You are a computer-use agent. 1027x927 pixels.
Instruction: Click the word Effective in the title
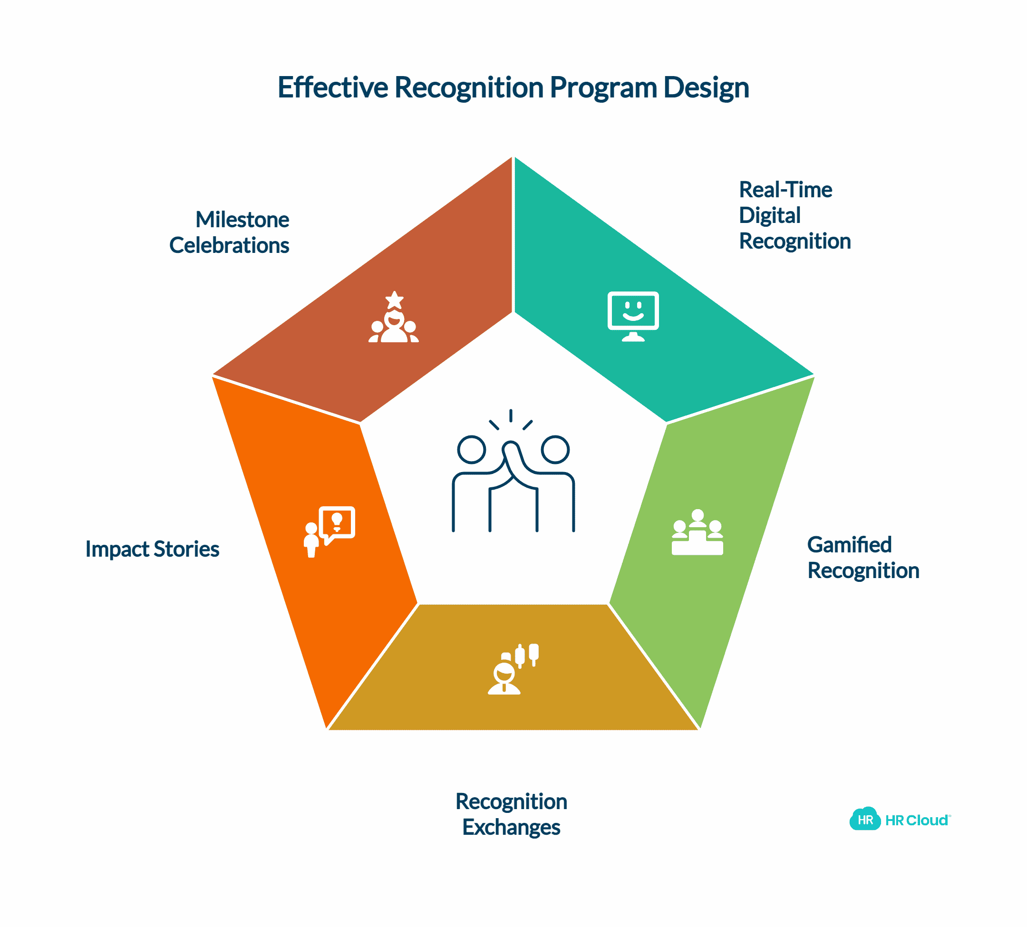pyautogui.click(x=333, y=87)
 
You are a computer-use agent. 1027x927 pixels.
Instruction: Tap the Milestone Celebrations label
pyautogui.click(x=229, y=232)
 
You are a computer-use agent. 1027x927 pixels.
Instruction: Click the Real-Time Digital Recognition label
pyautogui.click(x=794, y=215)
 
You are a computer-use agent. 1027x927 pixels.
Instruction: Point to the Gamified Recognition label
pyautogui.click(x=863, y=558)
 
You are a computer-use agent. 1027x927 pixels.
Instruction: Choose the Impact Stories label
pyautogui.click(x=152, y=549)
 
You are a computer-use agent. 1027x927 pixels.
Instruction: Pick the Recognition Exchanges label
pyautogui.click(x=512, y=814)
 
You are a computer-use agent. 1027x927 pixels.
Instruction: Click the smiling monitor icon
pyautogui.click(x=633, y=316)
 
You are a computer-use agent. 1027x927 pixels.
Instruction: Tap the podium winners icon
pyautogui.click(x=698, y=532)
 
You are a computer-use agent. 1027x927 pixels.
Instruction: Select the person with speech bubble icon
pyautogui.click(x=329, y=532)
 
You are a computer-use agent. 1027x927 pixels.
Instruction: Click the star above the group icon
pyautogui.click(x=394, y=300)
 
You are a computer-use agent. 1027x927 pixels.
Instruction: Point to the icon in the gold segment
pyautogui.click(x=513, y=669)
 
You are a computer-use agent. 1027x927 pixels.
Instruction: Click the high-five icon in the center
pyautogui.click(x=513, y=471)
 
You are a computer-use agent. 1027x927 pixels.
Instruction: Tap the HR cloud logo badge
pyautogui.click(x=865, y=820)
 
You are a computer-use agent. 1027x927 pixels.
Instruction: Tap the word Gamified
pyautogui.click(x=849, y=544)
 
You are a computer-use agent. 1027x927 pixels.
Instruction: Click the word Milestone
pyautogui.click(x=242, y=220)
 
